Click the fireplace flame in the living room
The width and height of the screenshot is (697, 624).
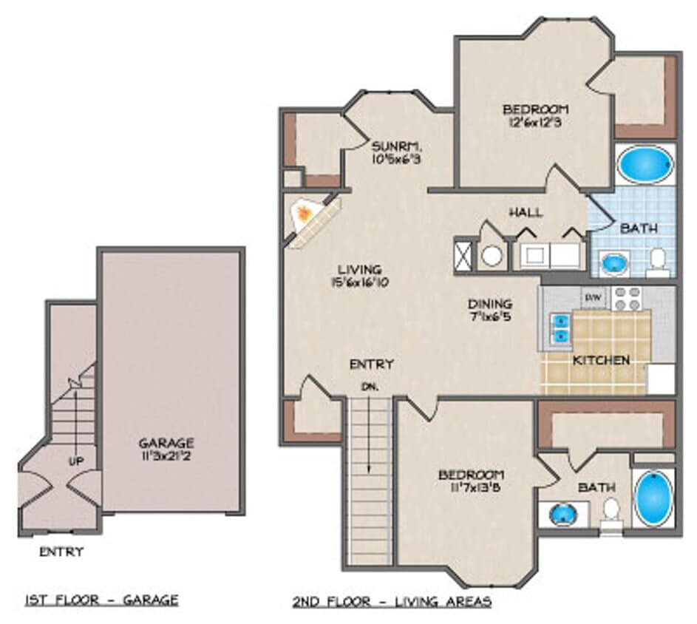coord(303,215)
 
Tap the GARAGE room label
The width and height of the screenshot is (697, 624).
coord(166,444)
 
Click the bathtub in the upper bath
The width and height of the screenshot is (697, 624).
coord(645,164)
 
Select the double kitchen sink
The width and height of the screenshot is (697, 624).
coord(562,328)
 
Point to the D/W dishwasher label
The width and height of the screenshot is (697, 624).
coord(593,297)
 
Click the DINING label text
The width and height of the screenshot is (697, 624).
coord(490,304)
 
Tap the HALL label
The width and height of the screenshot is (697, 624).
coord(526,212)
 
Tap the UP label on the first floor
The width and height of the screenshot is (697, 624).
coord(76,461)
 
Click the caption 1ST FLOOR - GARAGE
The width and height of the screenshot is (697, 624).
coord(101,599)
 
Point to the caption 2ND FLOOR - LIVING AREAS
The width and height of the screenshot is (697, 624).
coord(392,601)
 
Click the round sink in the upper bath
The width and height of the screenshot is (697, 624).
coord(613,262)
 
